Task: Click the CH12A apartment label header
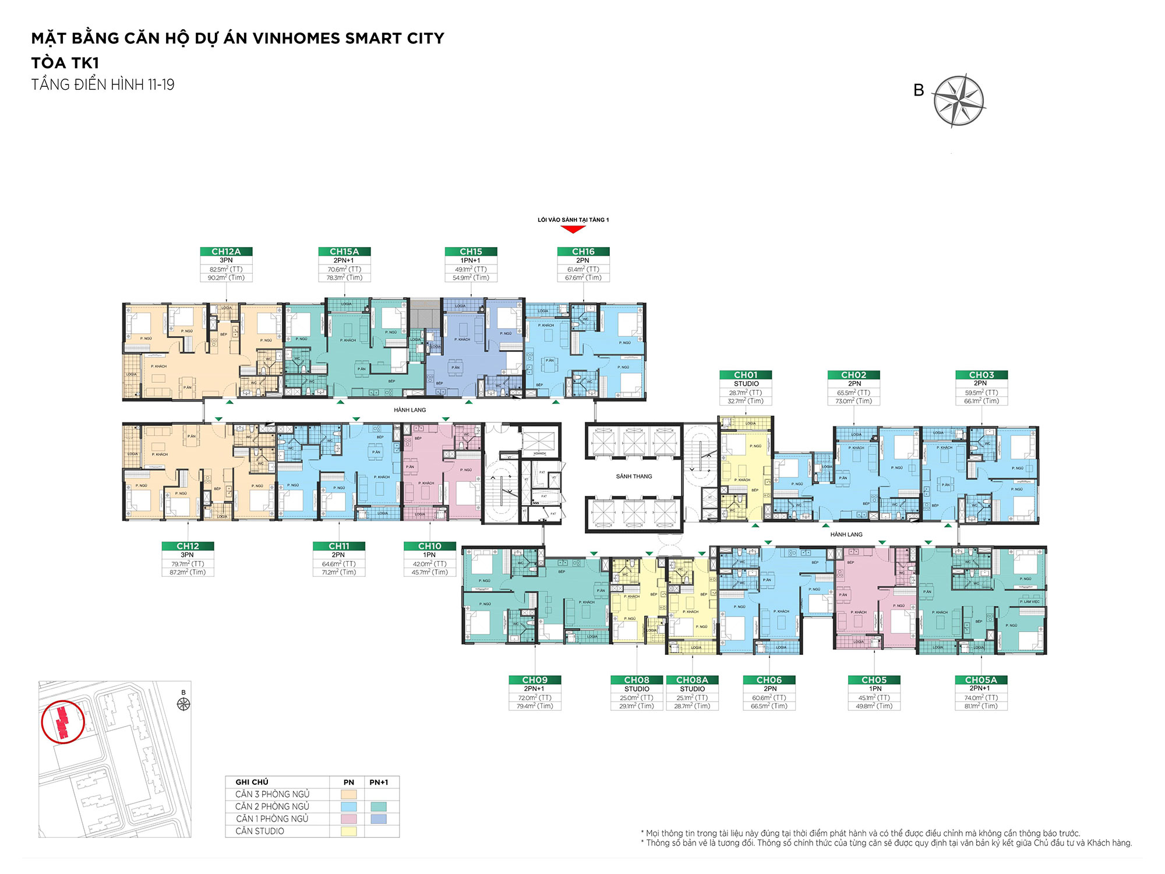tap(226, 251)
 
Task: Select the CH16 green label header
tap(583, 251)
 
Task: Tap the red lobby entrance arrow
tap(573, 229)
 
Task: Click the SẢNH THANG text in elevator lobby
tap(634, 476)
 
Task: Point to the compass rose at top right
tap(958, 100)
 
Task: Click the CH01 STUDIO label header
tap(746, 375)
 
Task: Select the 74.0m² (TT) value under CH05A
tap(981, 697)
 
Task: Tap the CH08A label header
tap(692, 680)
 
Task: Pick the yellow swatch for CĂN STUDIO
tap(348, 831)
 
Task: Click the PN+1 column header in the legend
tap(379, 782)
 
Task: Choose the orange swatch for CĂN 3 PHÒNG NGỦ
tap(348, 794)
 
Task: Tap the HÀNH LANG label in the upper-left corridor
tap(409, 410)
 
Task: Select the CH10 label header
tap(429, 546)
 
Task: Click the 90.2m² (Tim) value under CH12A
tap(226, 277)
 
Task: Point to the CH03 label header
tap(982, 375)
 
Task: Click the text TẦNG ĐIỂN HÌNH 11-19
tap(103, 85)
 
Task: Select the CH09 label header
tap(534, 680)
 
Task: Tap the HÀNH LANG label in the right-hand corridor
tap(846, 534)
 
